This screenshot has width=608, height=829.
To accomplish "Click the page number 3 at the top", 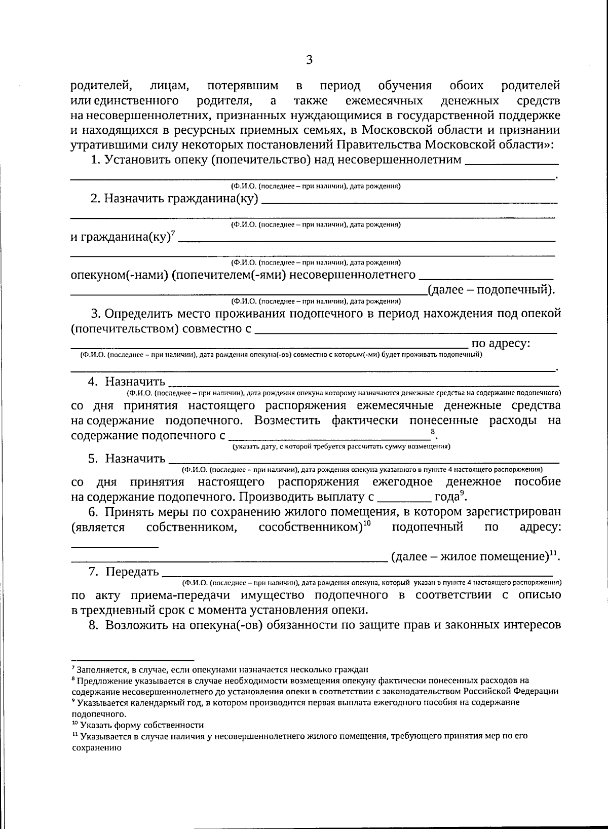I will pos(310,60).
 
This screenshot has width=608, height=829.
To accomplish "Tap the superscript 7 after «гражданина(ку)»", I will pos(173,234).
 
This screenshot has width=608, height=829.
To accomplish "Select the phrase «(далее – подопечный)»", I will pos(490,290).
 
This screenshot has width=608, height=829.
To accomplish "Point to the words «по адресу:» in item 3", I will pos(501,344).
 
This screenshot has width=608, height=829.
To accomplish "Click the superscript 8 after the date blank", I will pos(432,432).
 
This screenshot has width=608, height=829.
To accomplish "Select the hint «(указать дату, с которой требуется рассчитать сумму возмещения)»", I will pos(341,447).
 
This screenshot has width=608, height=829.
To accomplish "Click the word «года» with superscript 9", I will pos(446,497).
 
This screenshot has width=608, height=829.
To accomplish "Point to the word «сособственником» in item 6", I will pos(310,527).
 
